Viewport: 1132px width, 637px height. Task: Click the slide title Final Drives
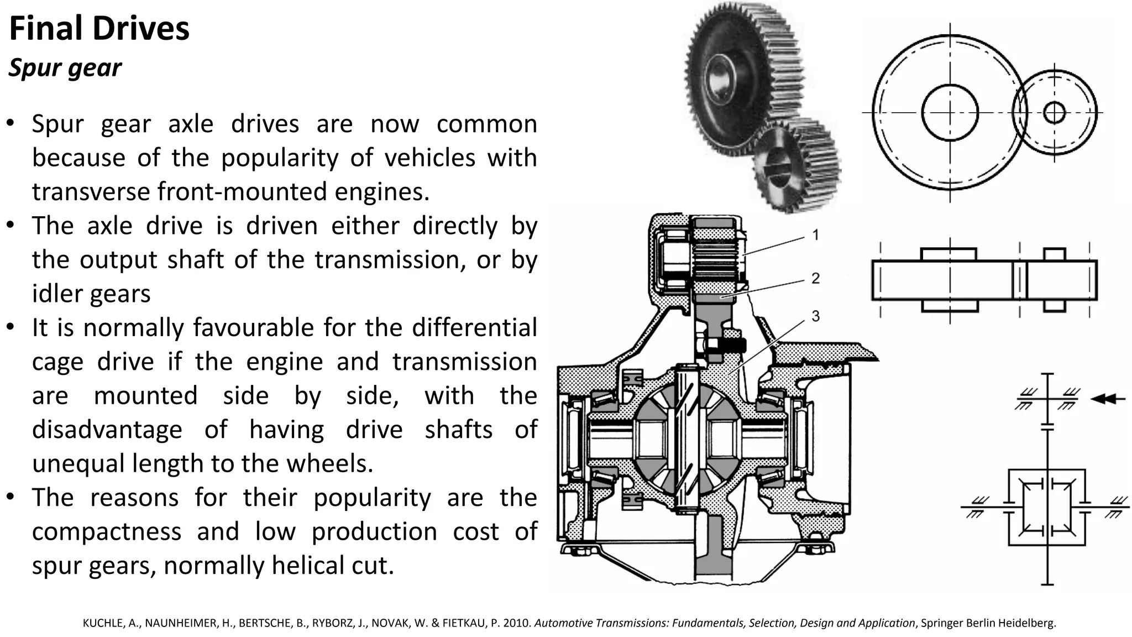click(x=99, y=29)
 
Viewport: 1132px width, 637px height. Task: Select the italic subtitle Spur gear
click(x=65, y=68)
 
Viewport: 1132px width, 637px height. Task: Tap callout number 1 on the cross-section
click(x=815, y=235)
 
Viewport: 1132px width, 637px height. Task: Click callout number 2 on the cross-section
click(x=815, y=278)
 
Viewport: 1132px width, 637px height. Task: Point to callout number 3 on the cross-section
click(x=815, y=316)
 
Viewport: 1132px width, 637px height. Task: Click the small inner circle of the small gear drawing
click(x=1055, y=113)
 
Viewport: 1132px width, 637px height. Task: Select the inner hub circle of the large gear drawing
click(x=950, y=113)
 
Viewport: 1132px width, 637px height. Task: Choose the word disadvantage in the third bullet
click(x=107, y=430)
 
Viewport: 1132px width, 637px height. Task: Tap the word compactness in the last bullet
click(x=107, y=531)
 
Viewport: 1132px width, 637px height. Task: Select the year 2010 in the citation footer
click(x=520, y=623)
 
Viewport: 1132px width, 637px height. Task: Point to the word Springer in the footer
click(x=941, y=623)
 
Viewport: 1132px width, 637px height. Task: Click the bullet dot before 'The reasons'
click(x=10, y=497)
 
